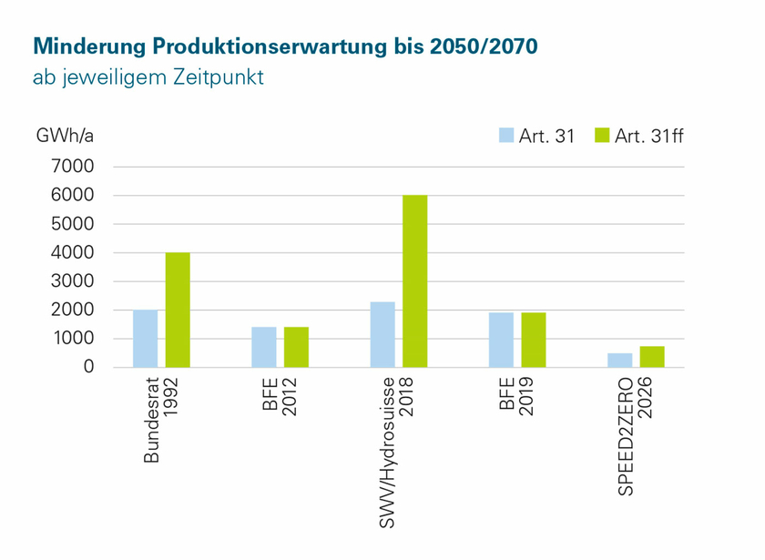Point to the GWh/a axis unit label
[x=65, y=136]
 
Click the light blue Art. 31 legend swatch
[x=506, y=136]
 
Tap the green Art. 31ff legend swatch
[x=601, y=136]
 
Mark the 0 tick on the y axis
[x=87, y=367]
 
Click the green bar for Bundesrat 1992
[x=177, y=310]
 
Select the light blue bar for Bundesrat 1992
[x=145, y=339]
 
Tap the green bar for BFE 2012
[x=296, y=347]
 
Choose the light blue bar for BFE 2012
[x=263, y=347]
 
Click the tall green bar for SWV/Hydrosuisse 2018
[x=414, y=281]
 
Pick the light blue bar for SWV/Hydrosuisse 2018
[x=382, y=334]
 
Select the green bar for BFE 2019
[x=533, y=340]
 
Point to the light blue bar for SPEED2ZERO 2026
[x=619, y=360]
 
